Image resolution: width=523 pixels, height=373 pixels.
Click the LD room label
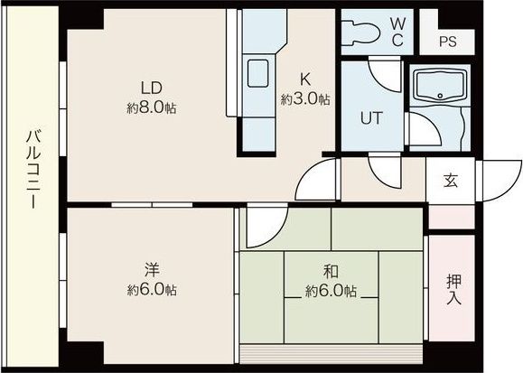(152, 89)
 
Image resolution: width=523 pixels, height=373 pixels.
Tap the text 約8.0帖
(152, 108)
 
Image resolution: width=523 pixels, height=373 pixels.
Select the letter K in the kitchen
(305, 79)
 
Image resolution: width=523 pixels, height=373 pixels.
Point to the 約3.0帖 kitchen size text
(305, 99)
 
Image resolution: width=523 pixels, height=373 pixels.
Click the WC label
(397, 32)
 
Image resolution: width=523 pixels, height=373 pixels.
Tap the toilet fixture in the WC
(361, 33)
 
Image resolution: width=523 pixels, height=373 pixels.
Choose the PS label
(448, 42)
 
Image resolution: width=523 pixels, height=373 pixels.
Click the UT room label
(371, 117)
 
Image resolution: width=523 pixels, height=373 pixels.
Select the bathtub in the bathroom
(440, 86)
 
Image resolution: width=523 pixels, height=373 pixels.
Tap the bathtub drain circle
(440, 96)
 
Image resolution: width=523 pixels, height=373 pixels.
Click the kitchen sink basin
(257, 73)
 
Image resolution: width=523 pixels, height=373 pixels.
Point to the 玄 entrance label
(451, 180)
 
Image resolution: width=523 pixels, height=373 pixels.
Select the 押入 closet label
(454, 289)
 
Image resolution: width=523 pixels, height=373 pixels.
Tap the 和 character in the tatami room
(331, 272)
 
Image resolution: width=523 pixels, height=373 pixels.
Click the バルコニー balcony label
(33, 170)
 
